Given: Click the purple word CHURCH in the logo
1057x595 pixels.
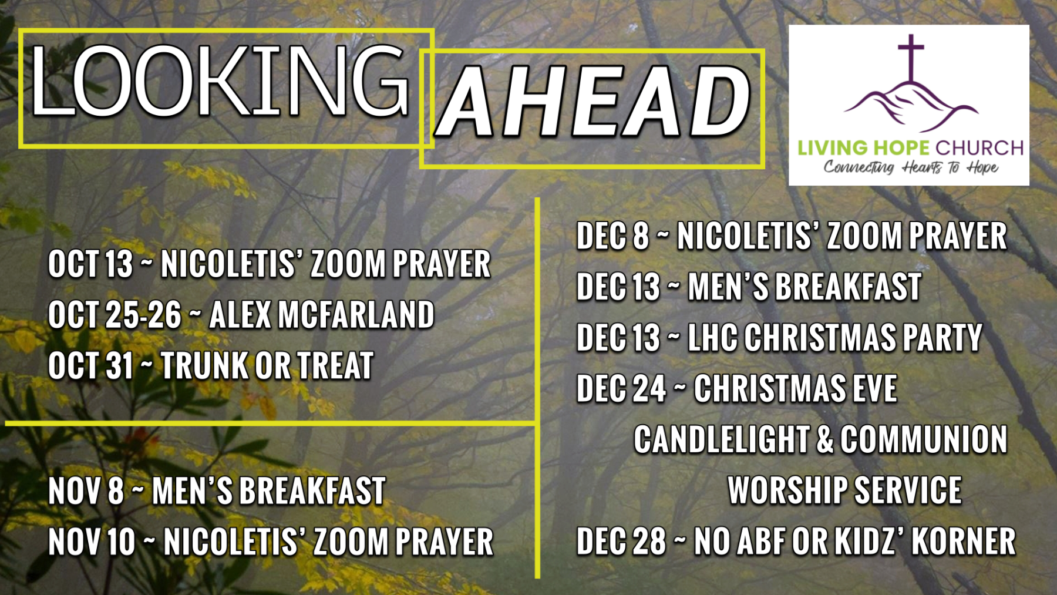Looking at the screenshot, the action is (979, 147).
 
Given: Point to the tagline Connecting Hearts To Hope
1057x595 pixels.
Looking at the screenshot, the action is (911, 167).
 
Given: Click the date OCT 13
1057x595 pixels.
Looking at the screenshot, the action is (91, 264).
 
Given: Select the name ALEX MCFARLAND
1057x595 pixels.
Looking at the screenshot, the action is (322, 315).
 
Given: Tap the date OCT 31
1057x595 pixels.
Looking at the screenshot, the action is (91, 365).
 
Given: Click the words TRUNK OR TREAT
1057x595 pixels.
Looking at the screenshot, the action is (267, 365).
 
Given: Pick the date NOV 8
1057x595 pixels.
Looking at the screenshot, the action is (86, 491).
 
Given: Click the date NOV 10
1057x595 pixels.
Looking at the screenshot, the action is (92, 542).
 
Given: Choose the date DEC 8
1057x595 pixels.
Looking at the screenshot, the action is (613, 236).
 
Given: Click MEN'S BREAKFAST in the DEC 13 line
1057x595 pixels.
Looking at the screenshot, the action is (804, 287).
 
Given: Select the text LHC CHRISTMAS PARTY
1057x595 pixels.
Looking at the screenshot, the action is (834, 338).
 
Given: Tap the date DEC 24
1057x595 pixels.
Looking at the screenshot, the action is (621, 389).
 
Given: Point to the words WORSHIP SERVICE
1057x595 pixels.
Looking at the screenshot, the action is (844, 490).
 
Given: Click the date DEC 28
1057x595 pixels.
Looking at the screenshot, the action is (621, 541).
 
